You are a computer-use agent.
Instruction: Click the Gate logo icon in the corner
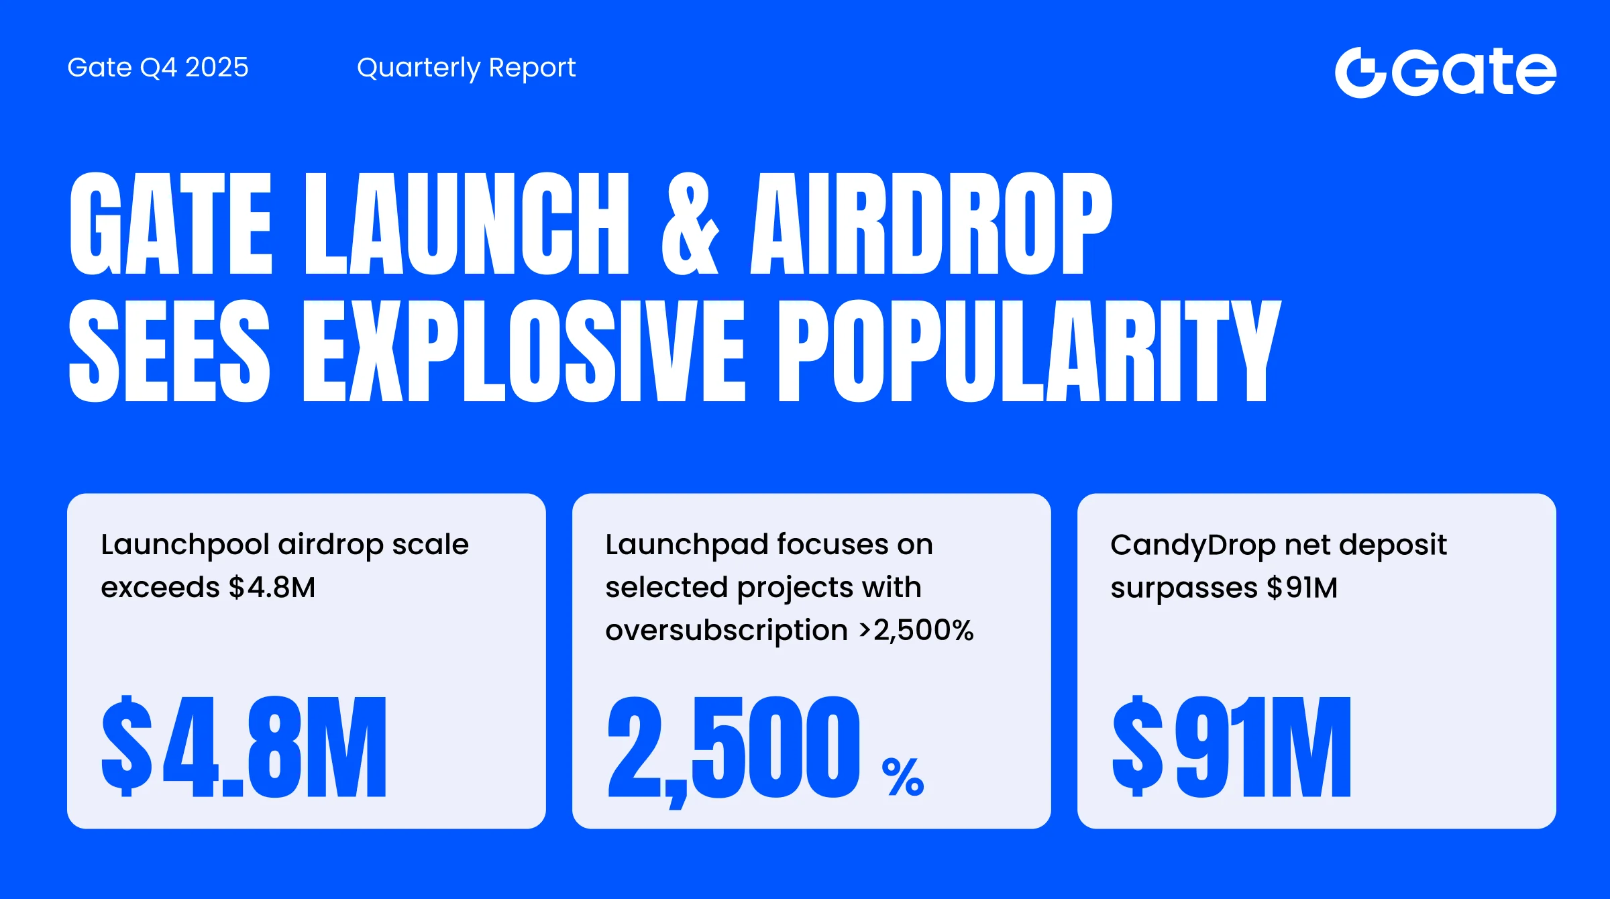tap(1360, 72)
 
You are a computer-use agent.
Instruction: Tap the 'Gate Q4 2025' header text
tap(158, 68)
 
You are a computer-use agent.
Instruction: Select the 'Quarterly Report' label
tap(466, 68)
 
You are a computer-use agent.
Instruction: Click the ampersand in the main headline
tap(690, 223)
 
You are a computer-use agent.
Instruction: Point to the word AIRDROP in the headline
tap(931, 223)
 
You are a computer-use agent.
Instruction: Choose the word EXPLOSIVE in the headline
tap(525, 351)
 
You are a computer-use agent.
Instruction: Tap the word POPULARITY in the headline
tap(1030, 351)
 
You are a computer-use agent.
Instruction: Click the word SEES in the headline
tap(170, 351)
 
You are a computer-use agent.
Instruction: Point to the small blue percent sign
tap(903, 777)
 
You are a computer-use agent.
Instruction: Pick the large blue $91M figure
tap(1232, 747)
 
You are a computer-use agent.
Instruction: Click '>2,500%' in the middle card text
tap(916, 631)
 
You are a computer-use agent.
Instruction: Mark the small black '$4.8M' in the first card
tap(272, 588)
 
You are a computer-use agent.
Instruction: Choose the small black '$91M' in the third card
tap(1302, 588)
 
